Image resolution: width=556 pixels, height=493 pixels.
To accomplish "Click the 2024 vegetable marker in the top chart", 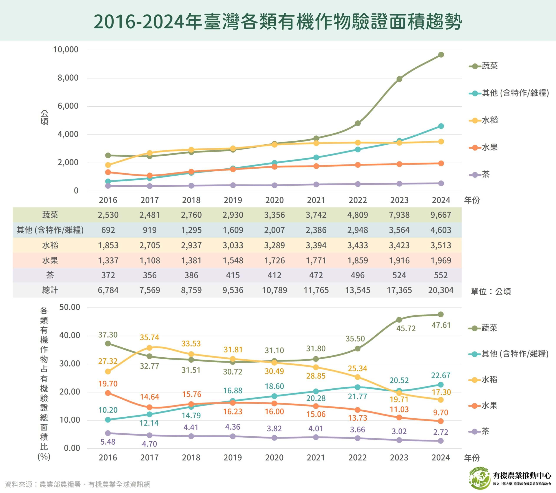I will [x=441, y=55].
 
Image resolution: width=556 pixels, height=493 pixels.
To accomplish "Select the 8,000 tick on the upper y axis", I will [x=68, y=78].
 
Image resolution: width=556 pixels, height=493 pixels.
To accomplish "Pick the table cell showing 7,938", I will [x=399, y=215].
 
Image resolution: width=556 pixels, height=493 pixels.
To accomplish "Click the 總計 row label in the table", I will [x=50, y=290].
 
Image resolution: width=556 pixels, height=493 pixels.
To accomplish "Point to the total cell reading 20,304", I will [x=441, y=290].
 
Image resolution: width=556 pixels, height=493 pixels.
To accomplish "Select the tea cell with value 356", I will [x=150, y=275].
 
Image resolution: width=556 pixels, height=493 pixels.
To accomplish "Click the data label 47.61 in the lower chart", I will [x=441, y=325].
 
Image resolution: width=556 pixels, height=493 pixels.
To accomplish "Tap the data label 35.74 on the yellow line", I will [x=149, y=337].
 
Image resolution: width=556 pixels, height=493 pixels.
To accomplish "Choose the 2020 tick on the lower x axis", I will [x=274, y=458].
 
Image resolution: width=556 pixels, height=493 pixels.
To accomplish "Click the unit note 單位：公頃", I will [x=491, y=292].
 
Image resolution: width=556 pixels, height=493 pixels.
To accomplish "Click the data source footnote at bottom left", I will [x=78, y=484].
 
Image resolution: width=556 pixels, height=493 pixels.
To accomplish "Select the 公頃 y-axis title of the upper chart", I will [x=44, y=117].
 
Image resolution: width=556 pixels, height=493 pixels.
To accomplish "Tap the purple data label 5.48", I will [x=108, y=442].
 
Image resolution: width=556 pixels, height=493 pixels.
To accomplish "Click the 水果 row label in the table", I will [x=50, y=260].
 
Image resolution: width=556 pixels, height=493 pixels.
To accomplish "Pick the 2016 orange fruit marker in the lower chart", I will [x=108, y=393].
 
